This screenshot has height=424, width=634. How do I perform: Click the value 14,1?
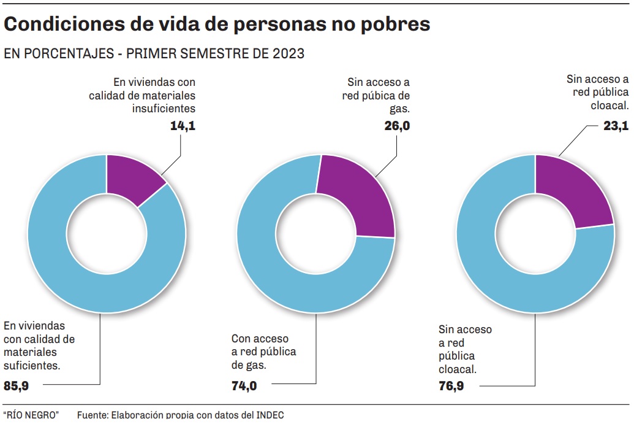(x=183, y=126)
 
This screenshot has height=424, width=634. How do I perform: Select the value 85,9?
(x=17, y=386)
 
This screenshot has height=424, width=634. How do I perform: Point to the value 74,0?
(x=244, y=386)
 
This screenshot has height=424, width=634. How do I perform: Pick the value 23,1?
(x=616, y=126)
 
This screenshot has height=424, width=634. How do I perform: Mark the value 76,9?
(x=451, y=387)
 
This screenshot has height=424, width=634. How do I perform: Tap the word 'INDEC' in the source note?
(x=270, y=415)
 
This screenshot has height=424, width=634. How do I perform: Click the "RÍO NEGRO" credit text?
(x=31, y=415)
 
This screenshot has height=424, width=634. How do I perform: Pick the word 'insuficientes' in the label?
(x=164, y=109)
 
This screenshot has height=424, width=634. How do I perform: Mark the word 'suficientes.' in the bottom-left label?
(x=32, y=366)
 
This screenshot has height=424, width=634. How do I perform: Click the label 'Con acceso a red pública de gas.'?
(x=263, y=352)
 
